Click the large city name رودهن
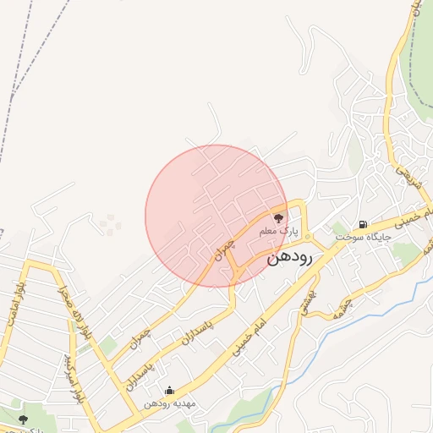pyautogui.click(x=289, y=258)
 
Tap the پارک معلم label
pyautogui.click(x=279, y=231)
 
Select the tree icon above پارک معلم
pyautogui.click(x=279, y=219)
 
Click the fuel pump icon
pyautogui.click(x=363, y=224)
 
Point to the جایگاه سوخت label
pyautogui.click(x=363, y=238)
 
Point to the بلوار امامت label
pyautogui.click(x=14, y=302)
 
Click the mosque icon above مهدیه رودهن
pyautogui.click(x=169, y=391)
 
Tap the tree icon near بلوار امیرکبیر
pyautogui.click(x=23, y=419)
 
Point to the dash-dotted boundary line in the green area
pyautogui.click(x=409, y=51)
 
